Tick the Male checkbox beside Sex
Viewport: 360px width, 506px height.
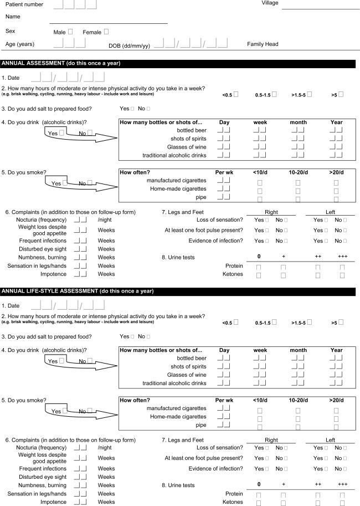click(x=70, y=32)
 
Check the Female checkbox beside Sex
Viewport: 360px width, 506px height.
click(x=106, y=32)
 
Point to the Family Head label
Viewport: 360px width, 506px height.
click(x=263, y=44)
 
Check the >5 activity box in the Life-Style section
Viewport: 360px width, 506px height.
click(x=341, y=322)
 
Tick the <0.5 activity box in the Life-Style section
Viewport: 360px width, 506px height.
click(x=236, y=322)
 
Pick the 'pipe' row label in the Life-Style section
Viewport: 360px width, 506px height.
click(x=200, y=425)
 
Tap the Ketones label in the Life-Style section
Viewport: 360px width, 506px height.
click(x=233, y=502)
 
